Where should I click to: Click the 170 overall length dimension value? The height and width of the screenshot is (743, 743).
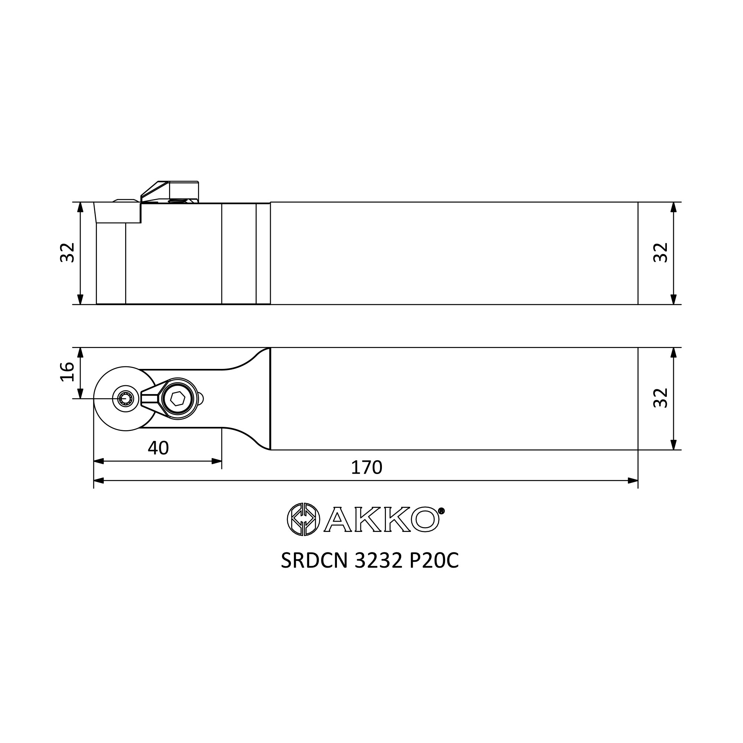click(x=367, y=467)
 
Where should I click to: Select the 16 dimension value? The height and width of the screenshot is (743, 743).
click(x=68, y=371)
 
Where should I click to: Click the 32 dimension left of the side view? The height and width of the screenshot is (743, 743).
click(x=68, y=252)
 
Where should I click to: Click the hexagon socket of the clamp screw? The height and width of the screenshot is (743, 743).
click(x=178, y=399)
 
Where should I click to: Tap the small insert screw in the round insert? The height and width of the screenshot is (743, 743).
click(x=125, y=399)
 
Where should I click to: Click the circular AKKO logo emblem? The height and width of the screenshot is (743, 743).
click(x=304, y=519)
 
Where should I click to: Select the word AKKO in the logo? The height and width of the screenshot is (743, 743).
click(x=382, y=520)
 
